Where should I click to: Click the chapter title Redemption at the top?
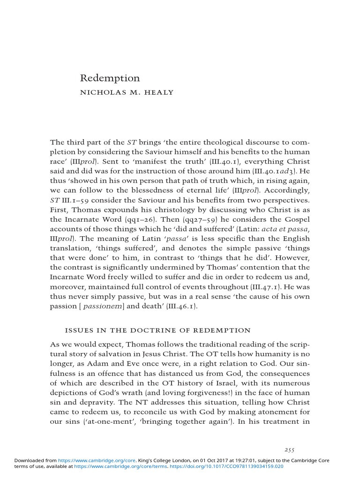pos(110,78)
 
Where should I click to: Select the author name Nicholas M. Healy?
pos(127,92)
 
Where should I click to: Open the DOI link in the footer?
pos(227,466)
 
